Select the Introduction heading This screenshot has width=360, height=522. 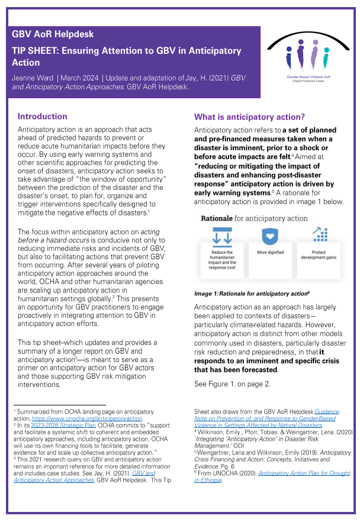(42, 117)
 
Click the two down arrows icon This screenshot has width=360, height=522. (222, 234)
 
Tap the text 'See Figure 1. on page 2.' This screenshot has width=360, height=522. (232, 384)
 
